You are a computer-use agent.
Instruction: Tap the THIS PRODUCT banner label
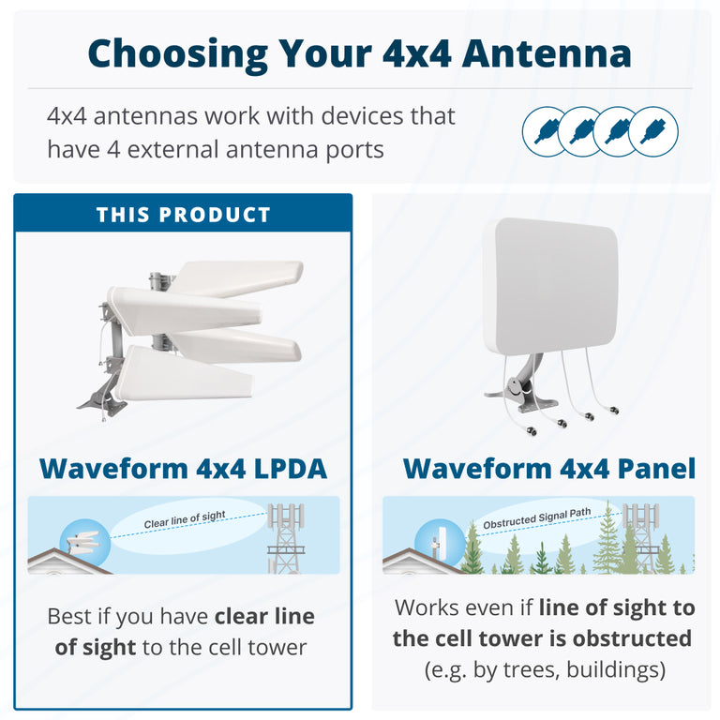(x=183, y=215)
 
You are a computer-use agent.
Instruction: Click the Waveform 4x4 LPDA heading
(x=183, y=468)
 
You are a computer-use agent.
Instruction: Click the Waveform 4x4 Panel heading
(x=548, y=468)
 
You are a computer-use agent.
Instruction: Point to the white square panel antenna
(x=550, y=285)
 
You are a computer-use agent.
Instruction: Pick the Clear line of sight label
(x=184, y=517)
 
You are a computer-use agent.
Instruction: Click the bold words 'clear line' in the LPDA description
(x=264, y=617)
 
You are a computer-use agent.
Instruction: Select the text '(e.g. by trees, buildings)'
(x=544, y=670)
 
